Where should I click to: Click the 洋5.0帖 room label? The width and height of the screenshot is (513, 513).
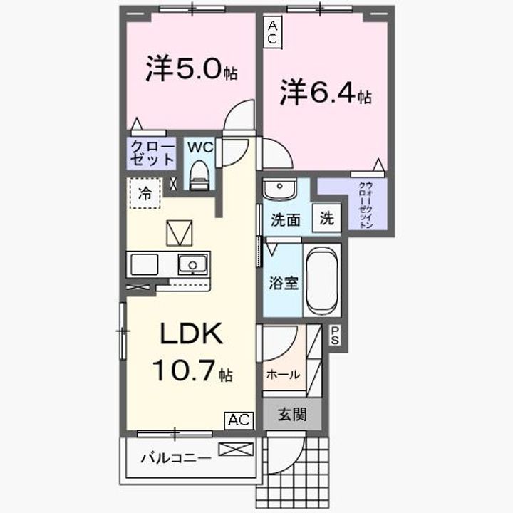coord(192,68)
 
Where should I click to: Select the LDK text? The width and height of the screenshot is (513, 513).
coord(192,333)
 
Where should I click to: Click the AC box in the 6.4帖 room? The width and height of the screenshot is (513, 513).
coord(272,32)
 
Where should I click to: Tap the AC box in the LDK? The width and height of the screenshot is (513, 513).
coord(239,420)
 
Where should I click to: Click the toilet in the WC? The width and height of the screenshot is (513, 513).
coord(199,175)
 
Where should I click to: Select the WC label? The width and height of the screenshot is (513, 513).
coord(200,147)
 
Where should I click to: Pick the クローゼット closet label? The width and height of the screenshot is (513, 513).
coord(152,153)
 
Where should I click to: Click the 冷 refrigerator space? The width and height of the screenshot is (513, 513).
coord(145,193)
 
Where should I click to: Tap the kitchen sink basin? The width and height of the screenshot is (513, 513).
coord(192,264)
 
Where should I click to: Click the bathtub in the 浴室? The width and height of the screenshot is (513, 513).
coord(322,280)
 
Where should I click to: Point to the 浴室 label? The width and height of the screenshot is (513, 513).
coord(284,283)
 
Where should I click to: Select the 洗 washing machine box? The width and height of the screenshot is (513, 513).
coord(327,217)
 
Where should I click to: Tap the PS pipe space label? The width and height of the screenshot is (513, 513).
coord(334,336)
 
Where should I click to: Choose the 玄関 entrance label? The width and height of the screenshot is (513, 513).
coord(292,415)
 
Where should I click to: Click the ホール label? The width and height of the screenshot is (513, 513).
coord(283,374)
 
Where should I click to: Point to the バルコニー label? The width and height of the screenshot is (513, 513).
coord(176,458)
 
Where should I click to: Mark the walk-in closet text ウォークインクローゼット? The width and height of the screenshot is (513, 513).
coord(366,205)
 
